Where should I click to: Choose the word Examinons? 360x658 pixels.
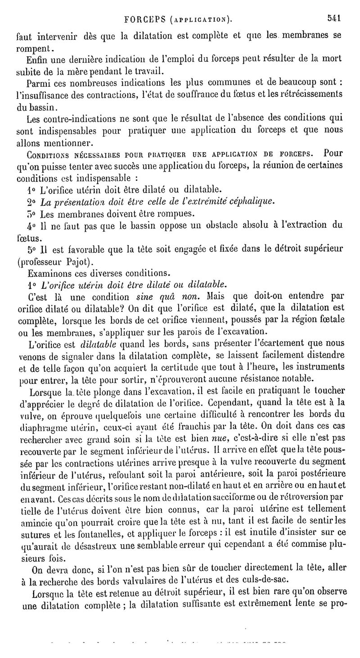click(x=49, y=273)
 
